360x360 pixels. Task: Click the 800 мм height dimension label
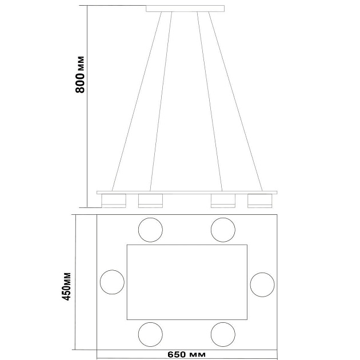[x=80, y=74]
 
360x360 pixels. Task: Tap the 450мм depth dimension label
[x=67, y=286]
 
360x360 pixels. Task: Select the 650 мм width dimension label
[x=186, y=354]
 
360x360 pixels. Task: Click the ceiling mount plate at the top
[x=185, y=9]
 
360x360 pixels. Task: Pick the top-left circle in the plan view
[x=150, y=218]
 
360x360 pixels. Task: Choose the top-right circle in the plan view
[x=223, y=218]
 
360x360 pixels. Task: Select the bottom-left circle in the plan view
[x=150, y=323]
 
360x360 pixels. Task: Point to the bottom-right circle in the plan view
[x=223, y=323]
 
